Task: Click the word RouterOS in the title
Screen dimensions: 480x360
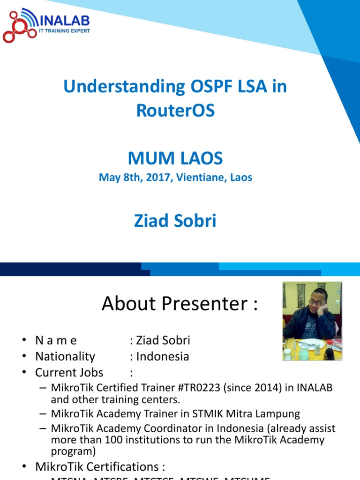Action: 175,111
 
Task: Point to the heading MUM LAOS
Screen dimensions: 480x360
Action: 175,158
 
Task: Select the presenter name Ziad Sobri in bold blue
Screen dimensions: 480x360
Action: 175,220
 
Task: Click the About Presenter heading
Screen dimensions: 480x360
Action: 180,304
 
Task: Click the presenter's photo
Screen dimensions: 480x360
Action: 312,321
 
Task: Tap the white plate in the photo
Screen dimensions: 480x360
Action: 311,344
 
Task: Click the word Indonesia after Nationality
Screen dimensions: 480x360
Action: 163,356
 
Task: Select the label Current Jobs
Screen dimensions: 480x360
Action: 69,373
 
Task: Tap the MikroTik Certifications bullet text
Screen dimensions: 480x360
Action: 100,467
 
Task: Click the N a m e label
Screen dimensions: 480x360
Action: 56,340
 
